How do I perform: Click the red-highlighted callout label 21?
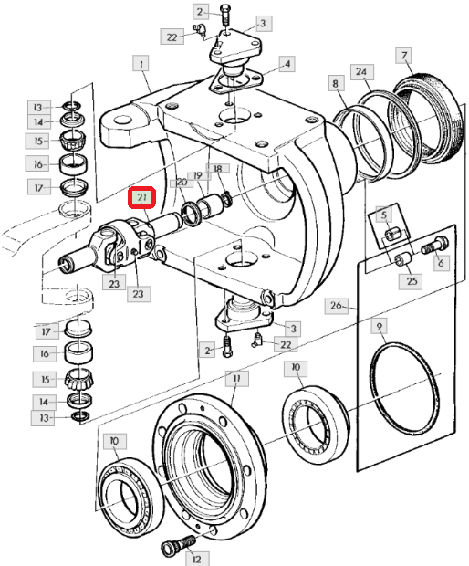click(x=141, y=197)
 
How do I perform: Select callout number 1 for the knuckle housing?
click(x=141, y=65)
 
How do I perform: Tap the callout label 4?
click(x=287, y=64)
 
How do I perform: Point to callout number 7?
click(x=403, y=55)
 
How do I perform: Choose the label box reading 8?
click(x=336, y=83)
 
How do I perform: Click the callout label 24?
click(x=362, y=72)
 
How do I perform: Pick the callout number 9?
click(x=379, y=327)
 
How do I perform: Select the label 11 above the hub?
click(x=236, y=378)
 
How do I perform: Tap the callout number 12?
click(x=196, y=559)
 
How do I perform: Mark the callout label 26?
click(x=336, y=306)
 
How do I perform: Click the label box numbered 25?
click(x=412, y=281)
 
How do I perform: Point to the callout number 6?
click(x=441, y=262)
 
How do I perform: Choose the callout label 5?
click(x=384, y=215)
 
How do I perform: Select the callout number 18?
click(x=217, y=168)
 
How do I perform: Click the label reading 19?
click(x=199, y=175)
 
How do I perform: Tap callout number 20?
click(x=182, y=183)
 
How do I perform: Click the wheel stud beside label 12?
click(x=178, y=545)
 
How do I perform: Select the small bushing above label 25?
click(x=402, y=259)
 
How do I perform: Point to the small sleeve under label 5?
click(x=391, y=235)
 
